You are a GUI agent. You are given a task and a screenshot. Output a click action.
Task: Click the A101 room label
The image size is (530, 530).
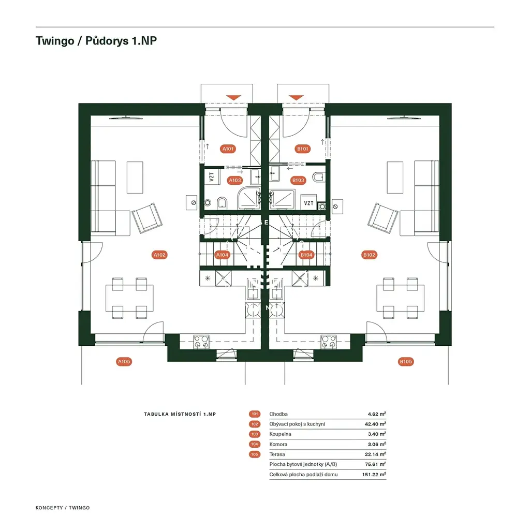point(228,149)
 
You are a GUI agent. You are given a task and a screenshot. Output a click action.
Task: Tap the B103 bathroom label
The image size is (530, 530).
point(298,180)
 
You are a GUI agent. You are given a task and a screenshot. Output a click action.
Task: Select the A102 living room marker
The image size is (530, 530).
point(159,255)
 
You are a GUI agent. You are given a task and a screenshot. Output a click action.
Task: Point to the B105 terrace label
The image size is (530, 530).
point(406,362)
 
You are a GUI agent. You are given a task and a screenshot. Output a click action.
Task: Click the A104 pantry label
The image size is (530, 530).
point(222,255)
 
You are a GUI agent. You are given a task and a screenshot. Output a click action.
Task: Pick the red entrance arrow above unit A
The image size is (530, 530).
point(233,98)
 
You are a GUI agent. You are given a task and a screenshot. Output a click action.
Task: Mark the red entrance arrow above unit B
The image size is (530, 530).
point(296,98)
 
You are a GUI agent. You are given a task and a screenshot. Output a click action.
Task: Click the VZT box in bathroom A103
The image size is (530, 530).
point(212,177)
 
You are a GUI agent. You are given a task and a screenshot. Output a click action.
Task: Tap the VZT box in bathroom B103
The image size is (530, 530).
point(308,203)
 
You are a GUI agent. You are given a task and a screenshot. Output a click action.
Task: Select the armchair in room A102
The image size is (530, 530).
point(146,218)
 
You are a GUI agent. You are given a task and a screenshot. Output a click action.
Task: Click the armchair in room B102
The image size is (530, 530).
point(382,218)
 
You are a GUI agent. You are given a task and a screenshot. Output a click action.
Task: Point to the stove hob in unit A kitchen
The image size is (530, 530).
point(201,342)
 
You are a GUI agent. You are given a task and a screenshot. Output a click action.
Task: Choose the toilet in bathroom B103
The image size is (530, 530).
point(318,177)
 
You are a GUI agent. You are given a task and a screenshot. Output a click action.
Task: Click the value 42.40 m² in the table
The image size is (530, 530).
point(375,424)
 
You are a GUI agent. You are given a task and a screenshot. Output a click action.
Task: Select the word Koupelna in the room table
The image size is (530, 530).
point(280,434)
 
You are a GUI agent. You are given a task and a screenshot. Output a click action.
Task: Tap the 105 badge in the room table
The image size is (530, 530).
point(255,454)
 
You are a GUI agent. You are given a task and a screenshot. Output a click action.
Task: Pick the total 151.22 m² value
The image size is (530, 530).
point(374,475)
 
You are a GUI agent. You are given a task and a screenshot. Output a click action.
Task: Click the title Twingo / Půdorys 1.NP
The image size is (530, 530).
point(96,40)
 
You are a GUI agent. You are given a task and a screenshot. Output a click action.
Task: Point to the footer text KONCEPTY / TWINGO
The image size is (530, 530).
point(63,508)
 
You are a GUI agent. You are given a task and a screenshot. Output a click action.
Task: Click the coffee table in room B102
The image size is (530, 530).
point(395,178)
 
